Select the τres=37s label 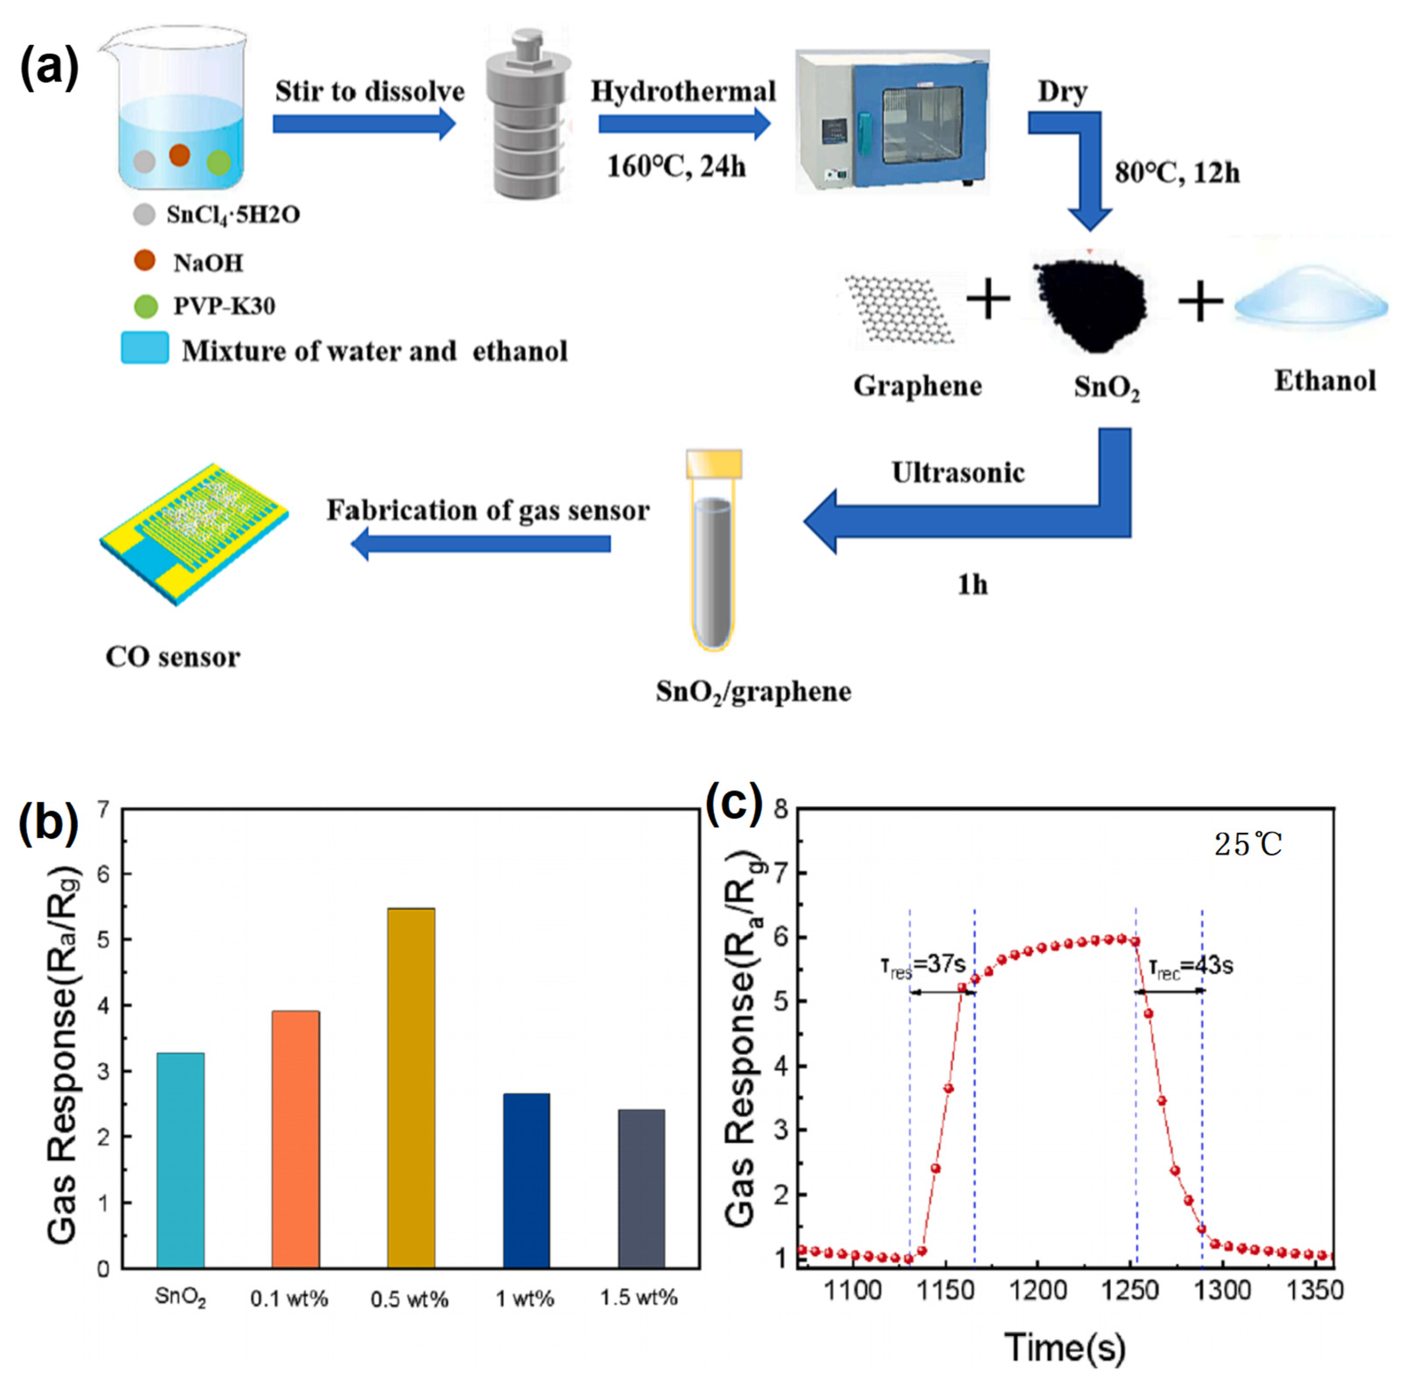click(x=923, y=966)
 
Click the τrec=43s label click(x=1191, y=966)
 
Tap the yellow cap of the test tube click(x=714, y=463)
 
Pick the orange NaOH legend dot click(x=145, y=260)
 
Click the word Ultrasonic click(x=958, y=473)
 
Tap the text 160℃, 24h click(x=676, y=167)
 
